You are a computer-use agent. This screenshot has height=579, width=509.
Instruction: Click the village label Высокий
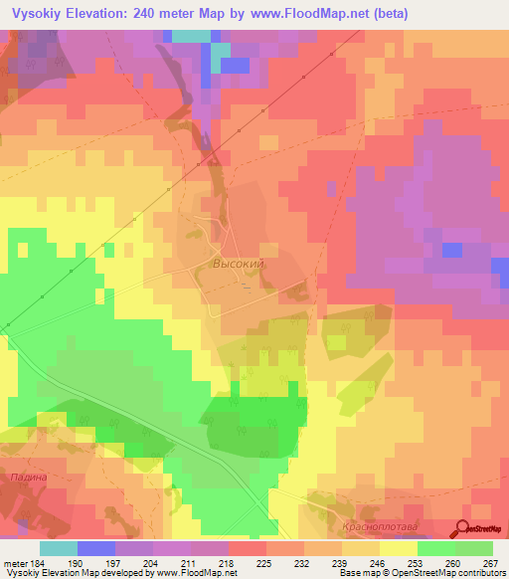pos(239,265)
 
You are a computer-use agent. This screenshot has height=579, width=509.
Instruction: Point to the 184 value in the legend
pos(35,563)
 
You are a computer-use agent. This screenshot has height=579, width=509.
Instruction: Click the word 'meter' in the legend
pos(13,563)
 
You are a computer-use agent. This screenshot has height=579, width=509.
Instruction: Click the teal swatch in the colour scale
pos(58,548)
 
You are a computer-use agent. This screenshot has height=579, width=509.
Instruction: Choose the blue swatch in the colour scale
pos(95,548)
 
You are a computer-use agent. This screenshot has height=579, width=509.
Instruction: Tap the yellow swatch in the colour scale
pos(398,548)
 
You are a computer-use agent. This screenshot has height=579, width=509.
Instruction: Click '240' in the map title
pos(163,14)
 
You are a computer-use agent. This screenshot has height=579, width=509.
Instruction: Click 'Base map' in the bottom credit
pos(359,574)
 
